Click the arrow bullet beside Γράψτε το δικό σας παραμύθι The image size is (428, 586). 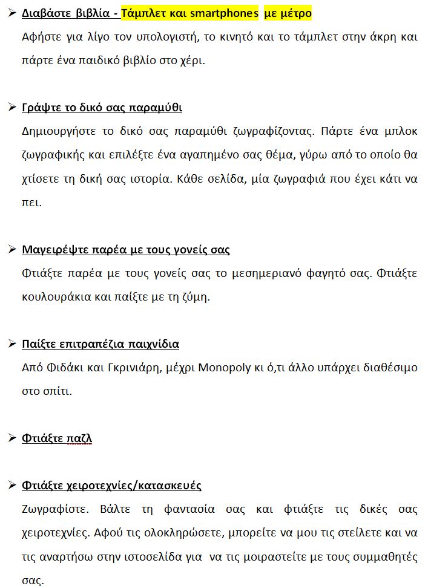(12, 107)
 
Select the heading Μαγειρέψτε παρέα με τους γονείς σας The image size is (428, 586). (125, 249)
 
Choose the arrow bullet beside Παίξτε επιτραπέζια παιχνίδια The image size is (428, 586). (12, 343)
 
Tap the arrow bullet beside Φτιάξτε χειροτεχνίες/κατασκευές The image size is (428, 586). (12, 485)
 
